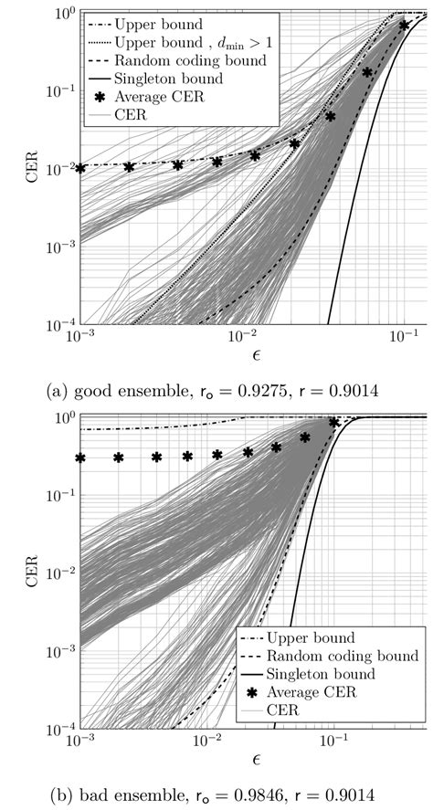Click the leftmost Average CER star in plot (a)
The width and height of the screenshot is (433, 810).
point(80,168)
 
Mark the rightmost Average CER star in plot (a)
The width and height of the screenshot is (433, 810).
point(404,25)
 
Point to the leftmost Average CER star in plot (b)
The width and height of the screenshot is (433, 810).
point(80,458)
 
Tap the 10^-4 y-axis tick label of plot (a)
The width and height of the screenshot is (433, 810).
point(53,326)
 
